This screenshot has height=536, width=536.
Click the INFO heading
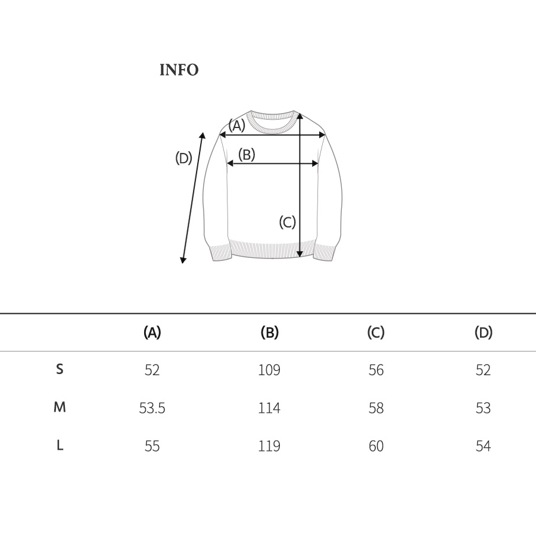pos(179,70)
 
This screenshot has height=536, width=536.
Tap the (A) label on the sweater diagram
pos(237,126)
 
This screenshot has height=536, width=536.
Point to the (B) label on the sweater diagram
pos(247,154)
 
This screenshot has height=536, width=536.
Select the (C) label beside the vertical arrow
pos(287,222)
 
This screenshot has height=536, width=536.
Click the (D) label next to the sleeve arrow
pos(183,158)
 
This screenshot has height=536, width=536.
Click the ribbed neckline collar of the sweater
pos(272,127)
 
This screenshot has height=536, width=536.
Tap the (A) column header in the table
pos(152,332)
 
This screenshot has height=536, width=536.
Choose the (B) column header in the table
pos(270,332)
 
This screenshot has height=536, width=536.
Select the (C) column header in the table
pos(376,332)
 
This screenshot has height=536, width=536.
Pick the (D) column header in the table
pos(484,332)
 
